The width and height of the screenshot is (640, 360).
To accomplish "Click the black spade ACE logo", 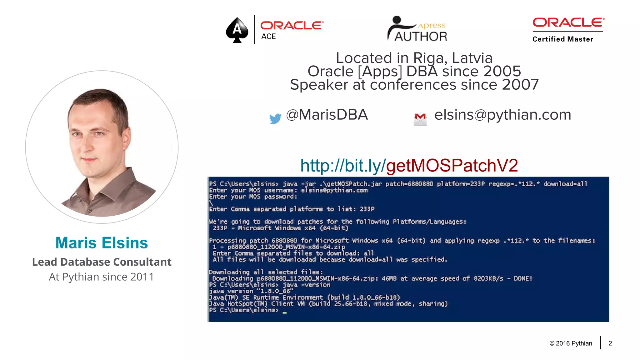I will click(x=237, y=30).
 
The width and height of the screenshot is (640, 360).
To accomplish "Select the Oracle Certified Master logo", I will click(x=568, y=30).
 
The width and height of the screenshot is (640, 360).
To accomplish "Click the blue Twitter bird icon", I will click(x=275, y=118).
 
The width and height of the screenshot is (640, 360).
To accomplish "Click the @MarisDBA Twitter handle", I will click(x=327, y=115).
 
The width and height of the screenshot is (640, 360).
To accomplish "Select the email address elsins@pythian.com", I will click(x=502, y=115).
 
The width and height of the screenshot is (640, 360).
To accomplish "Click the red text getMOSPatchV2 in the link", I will click(x=452, y=165).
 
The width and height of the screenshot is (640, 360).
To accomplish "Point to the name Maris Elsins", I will click(x=102, y=243).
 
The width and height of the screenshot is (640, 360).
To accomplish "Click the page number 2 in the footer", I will click(x=610, y=343).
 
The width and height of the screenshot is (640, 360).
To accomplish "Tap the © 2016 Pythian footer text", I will click(x=571, y=343).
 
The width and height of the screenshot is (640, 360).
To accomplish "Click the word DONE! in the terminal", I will click(x=523, y=278).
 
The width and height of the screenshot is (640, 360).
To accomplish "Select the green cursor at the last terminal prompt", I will click(x=284, y=312).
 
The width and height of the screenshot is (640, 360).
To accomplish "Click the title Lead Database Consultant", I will click(x=102, y=262).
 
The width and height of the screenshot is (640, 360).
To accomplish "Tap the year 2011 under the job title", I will click(x=142, y=277).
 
